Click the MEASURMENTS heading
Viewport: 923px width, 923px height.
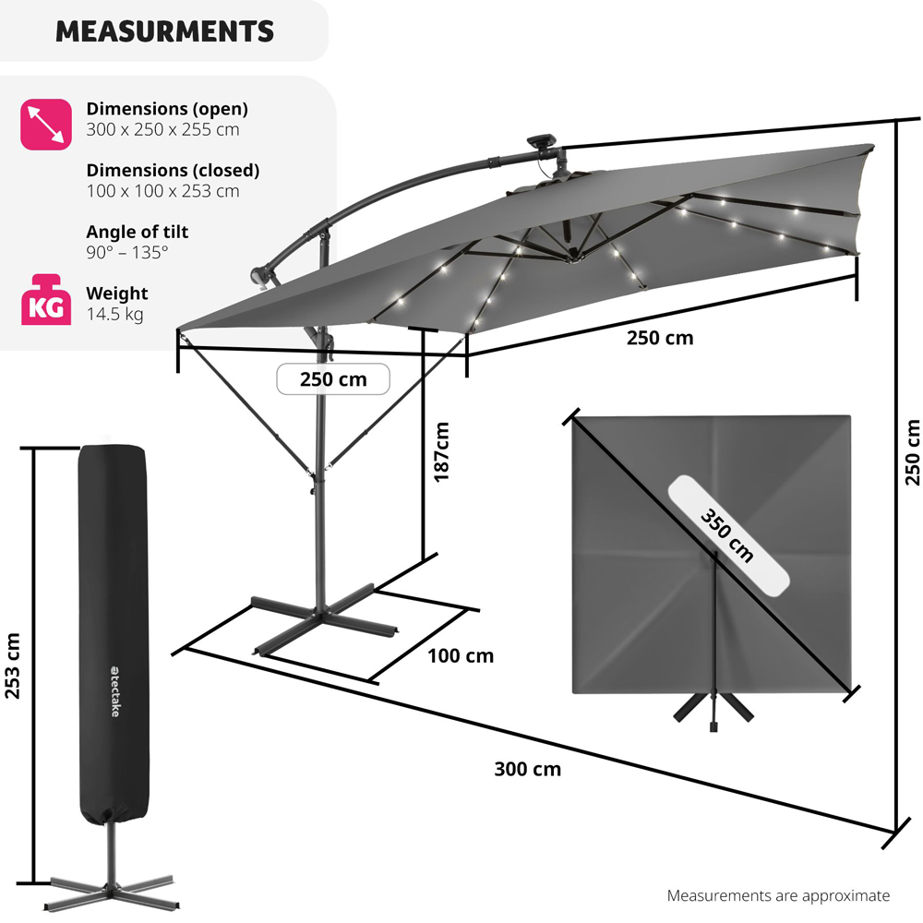[164, 31]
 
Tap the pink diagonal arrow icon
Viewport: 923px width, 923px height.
[46, 125]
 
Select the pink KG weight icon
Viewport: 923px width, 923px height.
[46, 299]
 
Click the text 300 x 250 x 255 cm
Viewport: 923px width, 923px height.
[162, 129]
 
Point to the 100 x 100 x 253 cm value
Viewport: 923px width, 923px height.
[162, 191]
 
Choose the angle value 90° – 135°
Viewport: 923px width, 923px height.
[127, 253]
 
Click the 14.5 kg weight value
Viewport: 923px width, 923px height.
[114, 314]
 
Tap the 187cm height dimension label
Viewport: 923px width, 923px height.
[441, 452]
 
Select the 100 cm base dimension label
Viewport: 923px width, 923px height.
[461, 655]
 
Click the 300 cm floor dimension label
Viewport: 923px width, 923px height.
[527, 769]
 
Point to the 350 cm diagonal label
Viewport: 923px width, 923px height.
[727, 535]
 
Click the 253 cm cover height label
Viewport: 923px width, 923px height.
[12, 665]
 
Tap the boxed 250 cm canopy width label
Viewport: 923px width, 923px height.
[333, 379]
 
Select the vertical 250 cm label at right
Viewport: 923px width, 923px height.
[912, 452]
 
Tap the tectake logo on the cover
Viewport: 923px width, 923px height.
[114, 691]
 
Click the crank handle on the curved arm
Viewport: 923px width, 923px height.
[261, 277]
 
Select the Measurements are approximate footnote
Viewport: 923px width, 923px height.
[778, 895]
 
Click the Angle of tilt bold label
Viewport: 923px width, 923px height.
[138, 232]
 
